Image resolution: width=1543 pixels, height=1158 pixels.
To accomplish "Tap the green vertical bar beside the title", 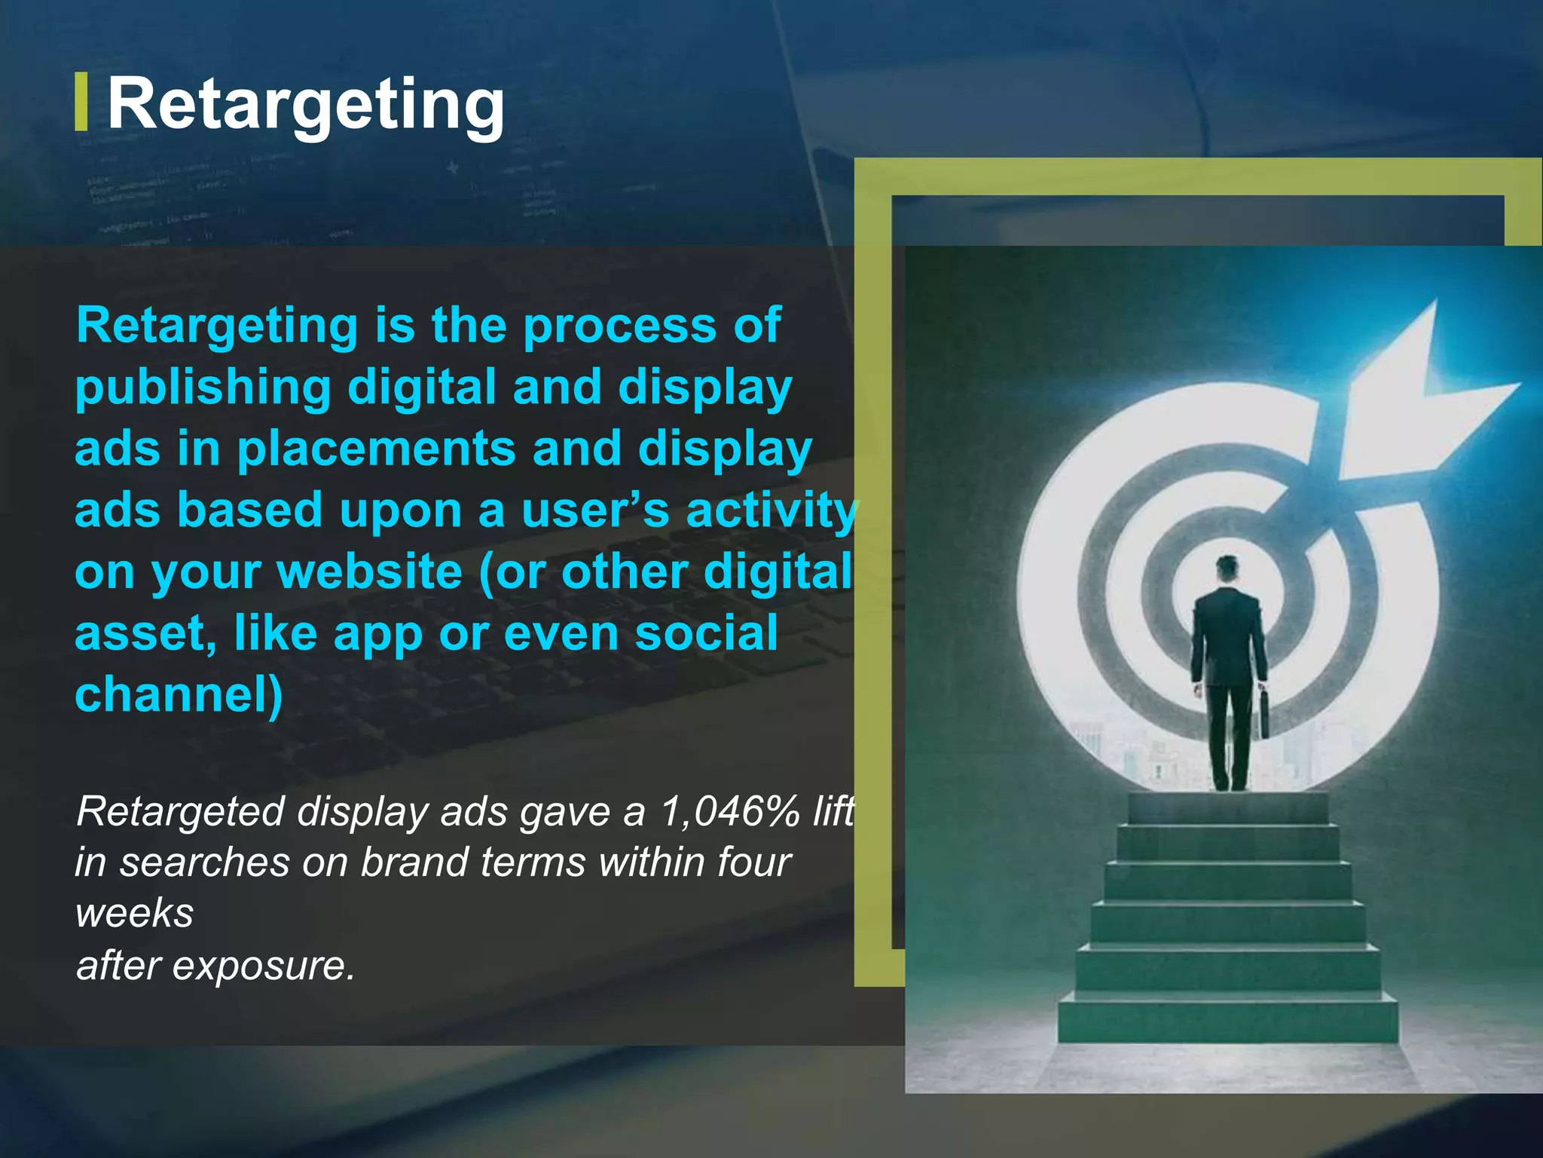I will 81,102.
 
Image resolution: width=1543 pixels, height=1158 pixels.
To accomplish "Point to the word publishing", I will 203,388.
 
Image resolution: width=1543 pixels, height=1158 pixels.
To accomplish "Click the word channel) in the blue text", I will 179,694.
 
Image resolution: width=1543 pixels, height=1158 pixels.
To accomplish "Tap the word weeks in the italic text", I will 135,914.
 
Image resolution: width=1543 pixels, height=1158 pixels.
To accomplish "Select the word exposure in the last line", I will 262,965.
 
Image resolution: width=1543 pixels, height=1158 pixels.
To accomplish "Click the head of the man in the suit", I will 1227,568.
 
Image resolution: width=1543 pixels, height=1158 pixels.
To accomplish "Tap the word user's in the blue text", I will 594,510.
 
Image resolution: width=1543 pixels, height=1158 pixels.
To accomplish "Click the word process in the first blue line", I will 619,326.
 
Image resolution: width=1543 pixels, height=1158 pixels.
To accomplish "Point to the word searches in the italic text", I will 205,862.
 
